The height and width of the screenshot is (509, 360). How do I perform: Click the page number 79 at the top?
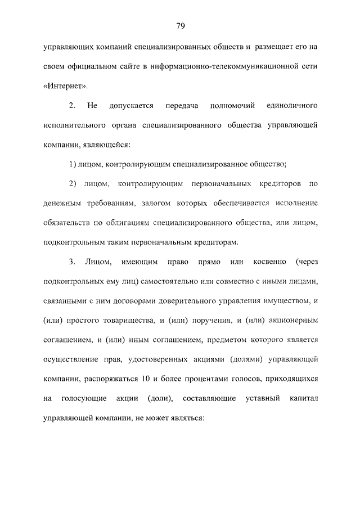point(180,26)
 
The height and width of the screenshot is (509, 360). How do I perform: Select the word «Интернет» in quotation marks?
point(65,86)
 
